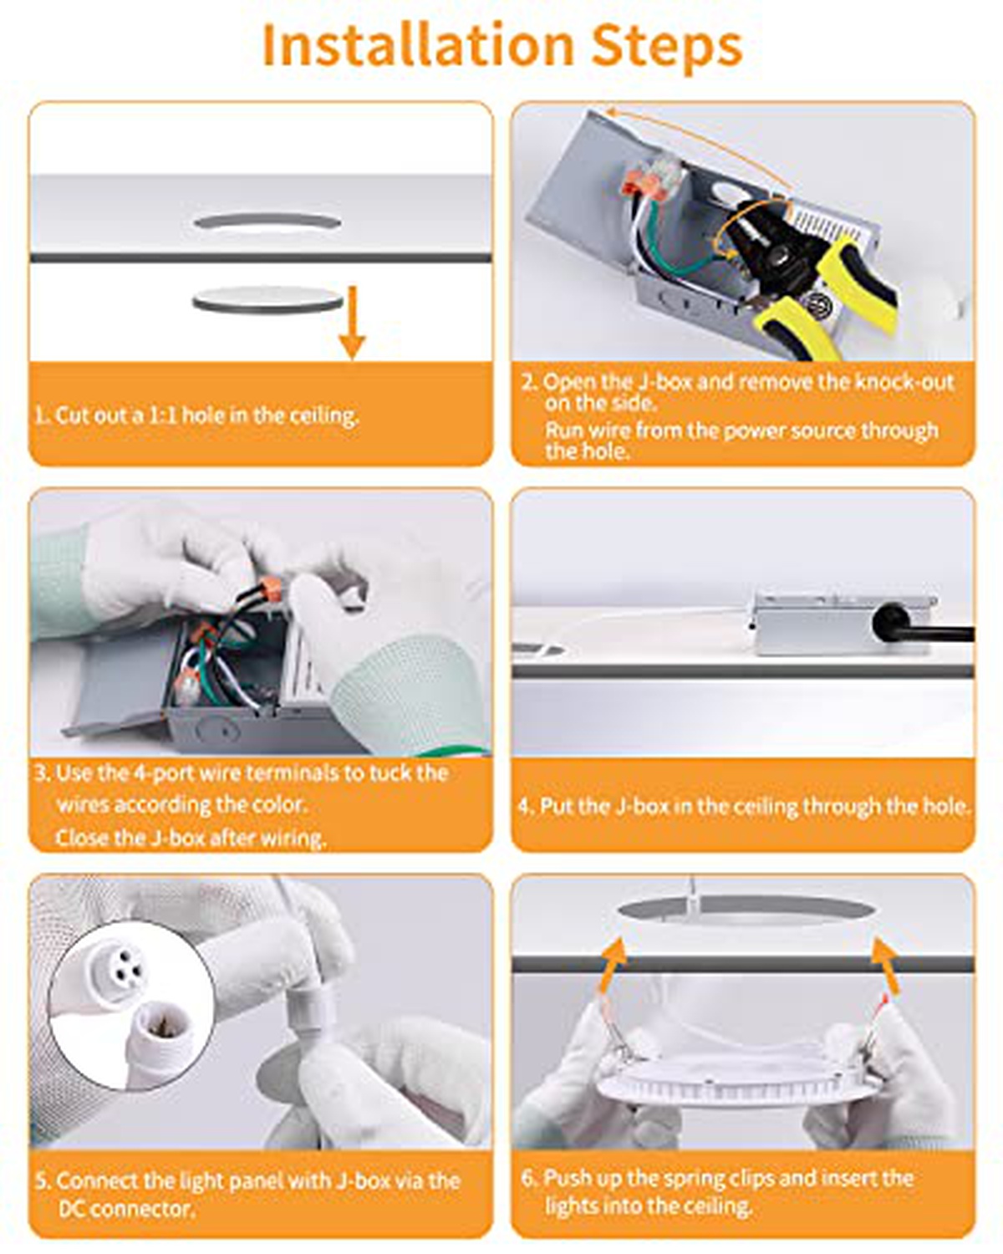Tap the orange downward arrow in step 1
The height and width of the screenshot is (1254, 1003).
[x=351, y=322]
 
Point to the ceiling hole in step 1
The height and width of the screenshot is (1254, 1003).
[x=267, y=222]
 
